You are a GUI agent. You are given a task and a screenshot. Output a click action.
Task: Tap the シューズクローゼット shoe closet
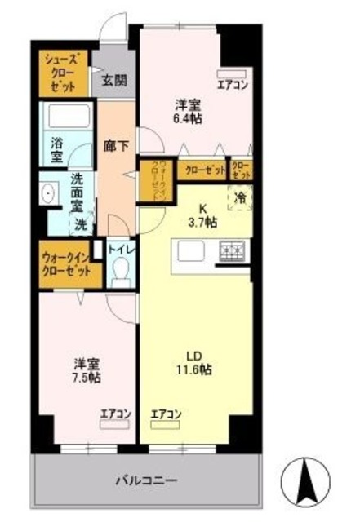coord(62,72)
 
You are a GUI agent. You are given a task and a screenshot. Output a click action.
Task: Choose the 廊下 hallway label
coord(116,148)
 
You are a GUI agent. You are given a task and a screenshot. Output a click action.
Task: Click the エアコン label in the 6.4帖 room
coord(232,82)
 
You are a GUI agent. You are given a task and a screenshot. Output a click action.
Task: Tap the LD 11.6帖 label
coord(194,362)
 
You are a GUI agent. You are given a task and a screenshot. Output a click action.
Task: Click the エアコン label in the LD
coord(166,414)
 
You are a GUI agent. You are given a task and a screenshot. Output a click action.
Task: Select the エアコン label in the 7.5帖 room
coord(115,414)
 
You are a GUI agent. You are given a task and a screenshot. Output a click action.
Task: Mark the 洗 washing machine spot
coord(82,222)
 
